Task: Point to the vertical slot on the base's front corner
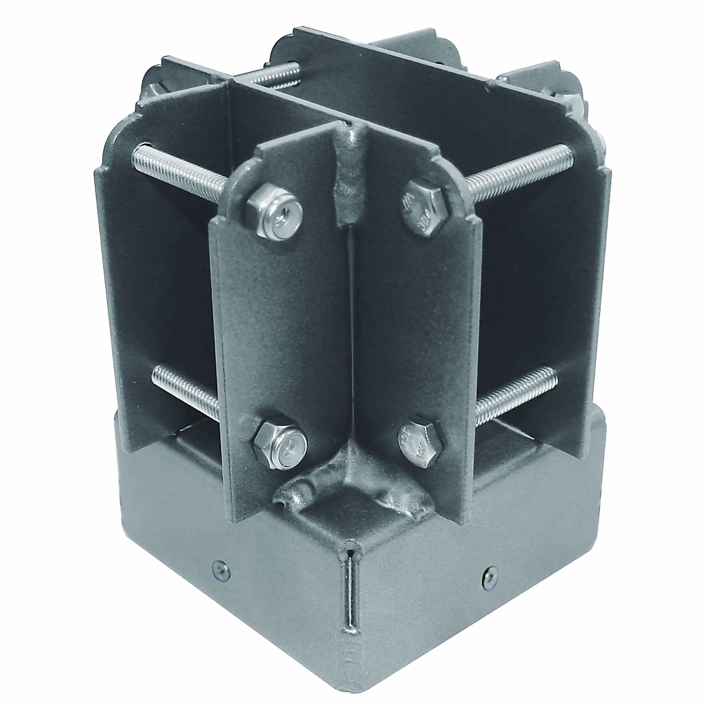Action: pos(351,595)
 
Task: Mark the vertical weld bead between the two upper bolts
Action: pos(349,177)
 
